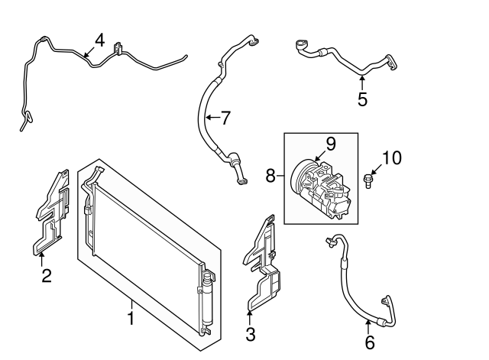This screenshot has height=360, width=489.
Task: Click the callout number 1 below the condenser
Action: (131, 318)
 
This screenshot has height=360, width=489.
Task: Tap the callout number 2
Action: (47, 276)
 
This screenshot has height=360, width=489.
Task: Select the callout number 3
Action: (251, 334)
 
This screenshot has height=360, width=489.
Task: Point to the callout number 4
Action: (100, 41)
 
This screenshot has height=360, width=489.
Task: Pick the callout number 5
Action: (362, 99)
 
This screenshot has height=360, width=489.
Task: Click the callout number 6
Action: (370, 343)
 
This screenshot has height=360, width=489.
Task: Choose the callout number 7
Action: (225, 118)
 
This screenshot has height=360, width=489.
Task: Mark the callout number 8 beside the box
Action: (270, 175)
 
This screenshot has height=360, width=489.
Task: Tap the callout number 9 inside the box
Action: (331, 144)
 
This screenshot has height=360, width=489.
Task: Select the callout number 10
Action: (392, 158)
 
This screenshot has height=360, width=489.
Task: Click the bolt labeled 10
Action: (368, 181)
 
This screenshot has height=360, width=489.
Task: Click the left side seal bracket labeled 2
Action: (51, 212)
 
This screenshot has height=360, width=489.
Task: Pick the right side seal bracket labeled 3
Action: (262, 263)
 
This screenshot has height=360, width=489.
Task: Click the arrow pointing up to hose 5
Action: (362, 83)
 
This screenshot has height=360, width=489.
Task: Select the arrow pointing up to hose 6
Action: (368, 327)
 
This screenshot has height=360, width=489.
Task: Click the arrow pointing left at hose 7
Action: (212, 118)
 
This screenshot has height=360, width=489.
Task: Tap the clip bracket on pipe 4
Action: (118, 48)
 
